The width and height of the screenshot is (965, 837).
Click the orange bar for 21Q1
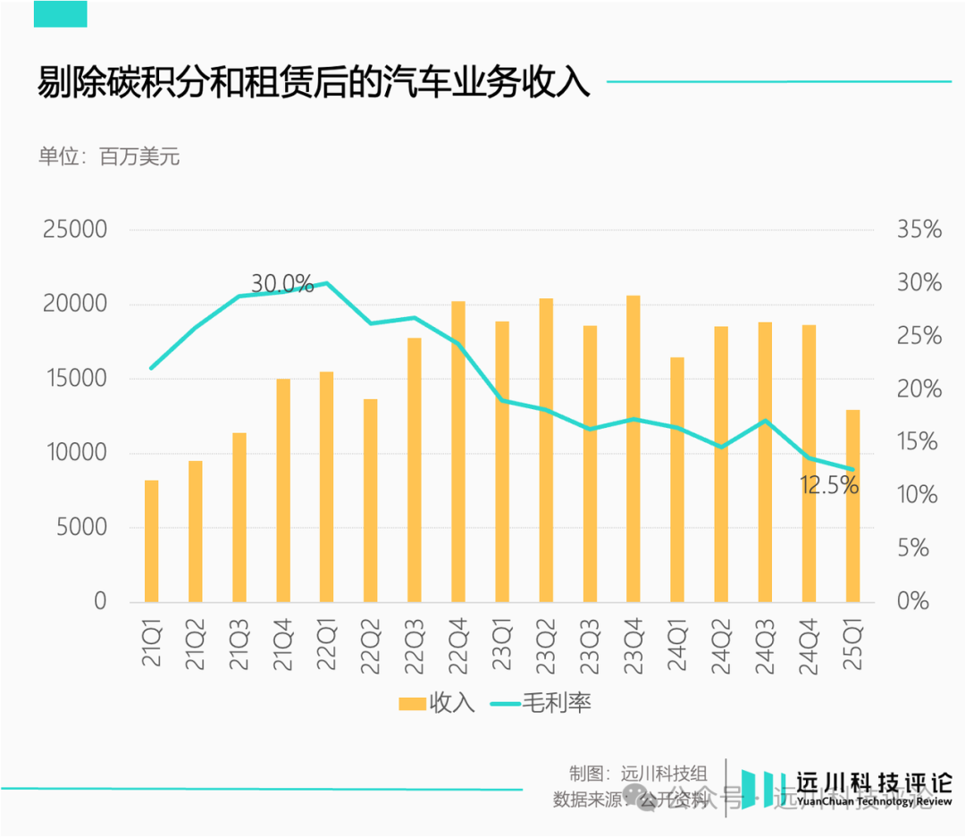pos(152,541)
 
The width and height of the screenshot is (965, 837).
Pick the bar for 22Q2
pos(371,500)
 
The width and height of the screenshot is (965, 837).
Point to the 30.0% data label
pos(282,285)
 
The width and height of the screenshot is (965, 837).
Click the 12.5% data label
pos(829,486)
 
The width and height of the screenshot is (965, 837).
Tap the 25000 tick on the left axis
pos(75,230)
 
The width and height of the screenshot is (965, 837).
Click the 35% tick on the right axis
pos(919,230)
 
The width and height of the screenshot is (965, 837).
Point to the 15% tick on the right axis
pos(919,442)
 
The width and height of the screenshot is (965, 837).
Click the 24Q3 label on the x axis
pos(765,644)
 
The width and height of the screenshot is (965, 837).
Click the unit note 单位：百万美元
pos(109,156)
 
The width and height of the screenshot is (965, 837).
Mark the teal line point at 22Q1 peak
pos(327,283)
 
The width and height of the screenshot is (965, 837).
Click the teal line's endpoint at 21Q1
pos(152,368)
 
